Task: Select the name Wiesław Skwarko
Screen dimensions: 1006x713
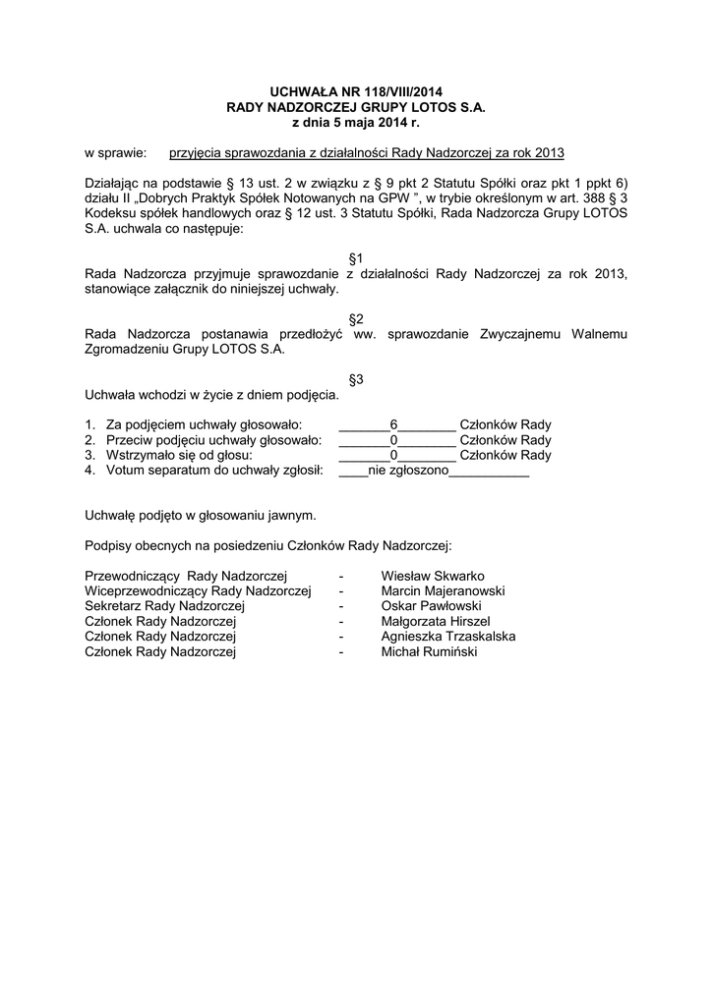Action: coord(432,576)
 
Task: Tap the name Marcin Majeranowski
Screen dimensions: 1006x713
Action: coord(443,591)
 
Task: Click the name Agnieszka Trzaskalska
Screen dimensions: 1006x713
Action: coord(447,637)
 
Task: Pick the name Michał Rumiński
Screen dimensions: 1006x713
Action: coord(428,651)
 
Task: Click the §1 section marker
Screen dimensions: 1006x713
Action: coord(356,257)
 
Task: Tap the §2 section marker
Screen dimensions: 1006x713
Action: coord(356,318)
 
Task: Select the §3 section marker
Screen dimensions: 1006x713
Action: coord(356,379)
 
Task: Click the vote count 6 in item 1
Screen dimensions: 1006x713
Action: coord(393,424)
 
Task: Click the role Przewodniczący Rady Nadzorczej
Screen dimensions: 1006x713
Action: coord(185,576)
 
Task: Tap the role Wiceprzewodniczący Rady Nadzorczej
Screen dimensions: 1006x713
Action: coord(198,591)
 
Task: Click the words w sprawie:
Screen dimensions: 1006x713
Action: coord(115,153)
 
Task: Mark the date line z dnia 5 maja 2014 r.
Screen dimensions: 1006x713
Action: coord(356,122)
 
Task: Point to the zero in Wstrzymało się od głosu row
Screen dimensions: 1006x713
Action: coord(393,456)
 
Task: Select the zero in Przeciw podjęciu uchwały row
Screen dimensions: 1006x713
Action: coord(393,440)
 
